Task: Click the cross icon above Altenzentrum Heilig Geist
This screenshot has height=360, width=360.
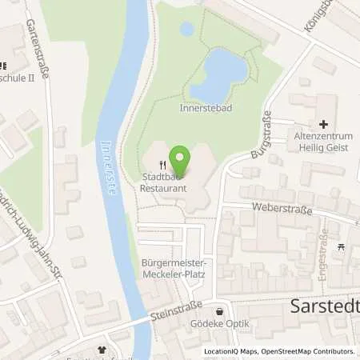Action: pyautogui.click(x=323, y=124)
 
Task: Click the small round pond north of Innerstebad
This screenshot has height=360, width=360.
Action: pyautogui.click(x=186, y=30)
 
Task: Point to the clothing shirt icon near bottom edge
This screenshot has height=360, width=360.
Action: pyautogui.click(x=102, y=350)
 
